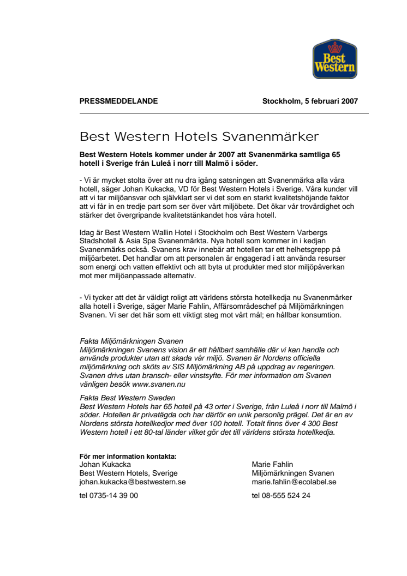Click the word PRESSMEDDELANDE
tap(118, 101)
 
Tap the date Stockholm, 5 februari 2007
tap(310, 101)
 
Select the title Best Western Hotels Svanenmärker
tap(199, 136)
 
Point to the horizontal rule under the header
tap(224, 113)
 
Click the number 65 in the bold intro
tap(335, 155)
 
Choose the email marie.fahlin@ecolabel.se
tap(294, 482)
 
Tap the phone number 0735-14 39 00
tap(109, 495)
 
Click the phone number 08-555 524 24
tap(281, 495)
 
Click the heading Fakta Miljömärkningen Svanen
tap(131, 340)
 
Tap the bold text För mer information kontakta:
tap(128, 457)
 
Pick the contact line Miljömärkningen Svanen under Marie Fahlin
tap(292, 473)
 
